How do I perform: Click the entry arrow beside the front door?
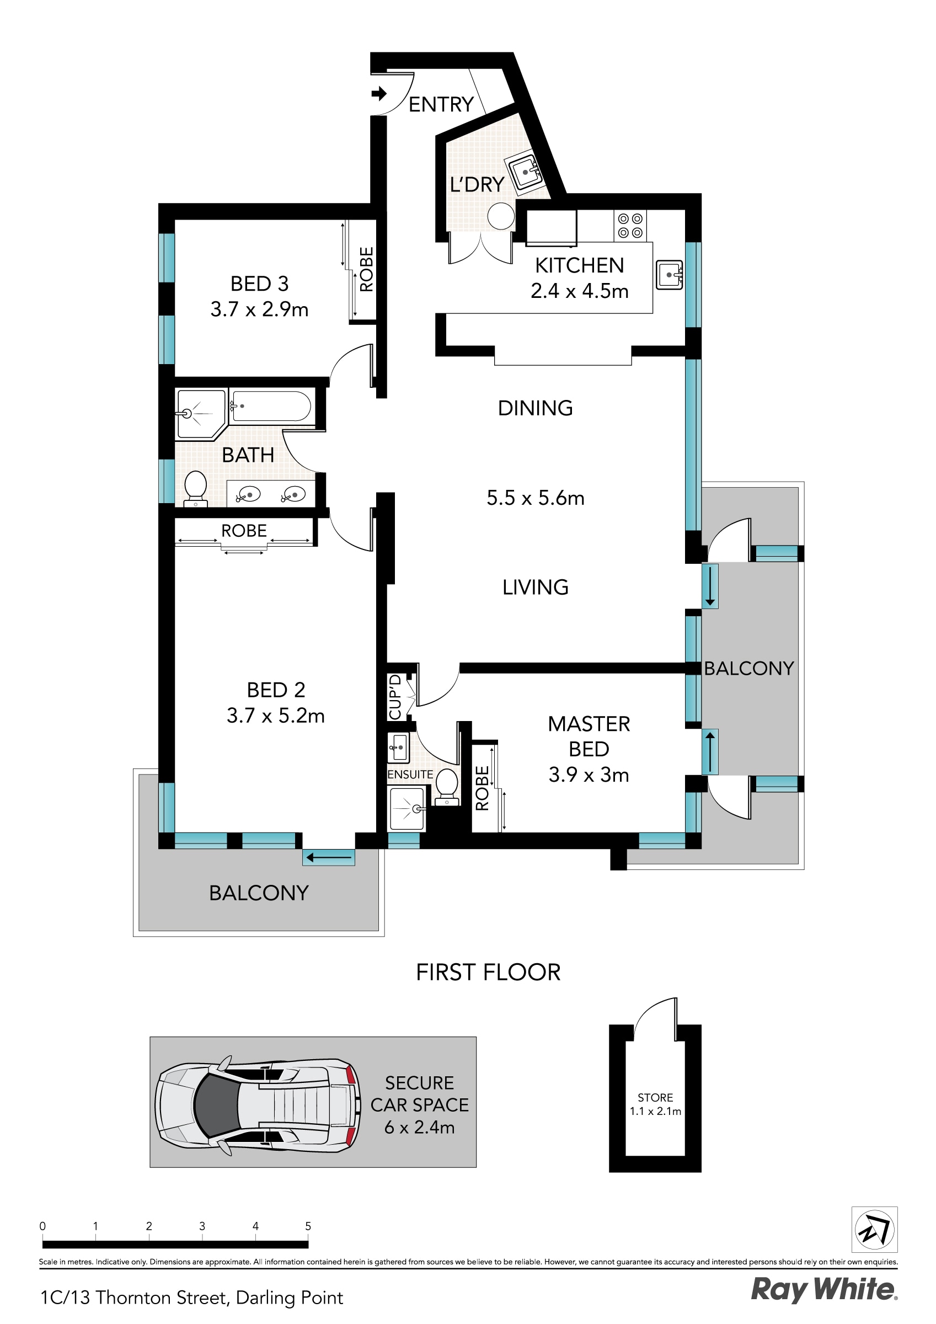(x=379, y=93)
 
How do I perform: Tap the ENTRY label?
(x=441, y=105)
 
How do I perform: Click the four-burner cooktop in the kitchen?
(x=630, y=226)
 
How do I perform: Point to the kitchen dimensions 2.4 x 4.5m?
(x=579, y=291)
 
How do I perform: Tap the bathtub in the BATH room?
(x=271, y=407)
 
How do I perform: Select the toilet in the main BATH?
(x=195, y=488)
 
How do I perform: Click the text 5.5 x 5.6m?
(x=535, y=498)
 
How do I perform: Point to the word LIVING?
(x=535, y=588)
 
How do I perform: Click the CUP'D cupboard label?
(x=395, y=697)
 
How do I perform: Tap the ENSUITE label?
(x=409, y=775)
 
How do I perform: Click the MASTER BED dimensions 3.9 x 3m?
(x=589, y=775)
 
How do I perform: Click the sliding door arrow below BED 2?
(x=328, y=857)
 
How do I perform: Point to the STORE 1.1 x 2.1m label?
(x=655, y=1104)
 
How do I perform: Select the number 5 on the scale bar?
(x=308, y=1226)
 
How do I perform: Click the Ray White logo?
(x=823, y=1290)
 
